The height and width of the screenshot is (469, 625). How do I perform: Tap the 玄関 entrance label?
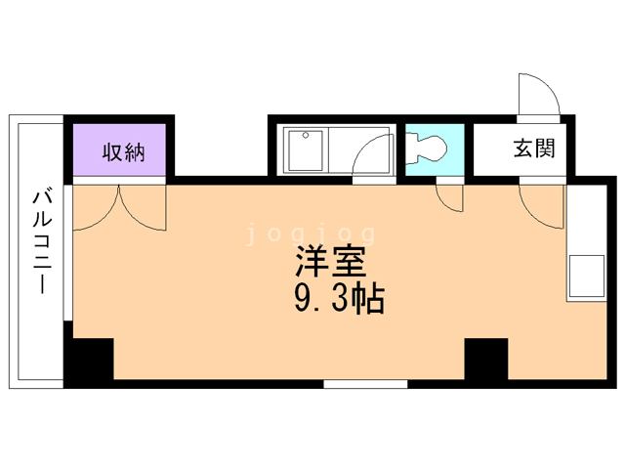click(533, 149)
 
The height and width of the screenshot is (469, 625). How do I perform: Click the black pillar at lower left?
click(90, 360)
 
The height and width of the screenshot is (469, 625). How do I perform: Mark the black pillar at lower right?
click(485, 359)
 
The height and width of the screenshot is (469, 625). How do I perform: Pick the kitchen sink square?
click(586, 276)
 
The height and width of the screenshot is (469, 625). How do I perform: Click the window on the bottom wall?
click(364, 384)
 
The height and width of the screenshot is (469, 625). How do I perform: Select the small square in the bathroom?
click(305, 138)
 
